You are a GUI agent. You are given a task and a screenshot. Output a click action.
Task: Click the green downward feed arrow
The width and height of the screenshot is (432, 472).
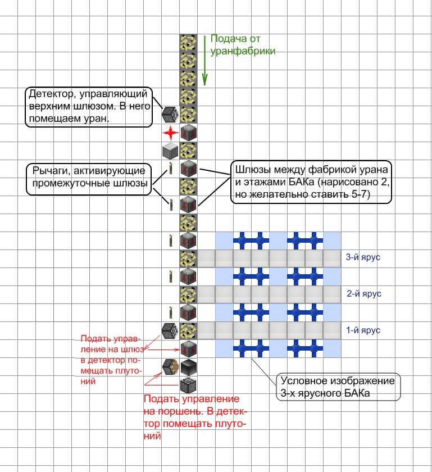(204, 60)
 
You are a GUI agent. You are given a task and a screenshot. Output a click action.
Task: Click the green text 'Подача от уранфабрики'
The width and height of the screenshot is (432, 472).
(243, 44)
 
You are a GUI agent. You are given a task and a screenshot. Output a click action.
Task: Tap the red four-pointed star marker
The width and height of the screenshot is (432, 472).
(170, 133)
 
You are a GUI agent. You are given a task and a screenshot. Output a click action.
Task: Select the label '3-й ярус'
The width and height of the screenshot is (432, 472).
(363, 257)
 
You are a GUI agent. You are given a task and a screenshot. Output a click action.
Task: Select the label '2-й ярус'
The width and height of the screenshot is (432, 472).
(364, 293)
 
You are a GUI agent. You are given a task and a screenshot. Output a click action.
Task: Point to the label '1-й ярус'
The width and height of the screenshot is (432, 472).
(363, 330)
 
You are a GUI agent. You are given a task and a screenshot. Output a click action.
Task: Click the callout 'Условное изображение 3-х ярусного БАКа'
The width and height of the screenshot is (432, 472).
(338, 387)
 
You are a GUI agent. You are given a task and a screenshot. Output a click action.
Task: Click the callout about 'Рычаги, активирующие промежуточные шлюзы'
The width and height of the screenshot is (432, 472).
(89, 179)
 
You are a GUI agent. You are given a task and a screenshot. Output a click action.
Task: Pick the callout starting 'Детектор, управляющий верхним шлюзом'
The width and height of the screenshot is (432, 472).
(89, 107)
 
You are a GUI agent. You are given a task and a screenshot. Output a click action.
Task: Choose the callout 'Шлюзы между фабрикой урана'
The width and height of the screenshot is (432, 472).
(311, 183)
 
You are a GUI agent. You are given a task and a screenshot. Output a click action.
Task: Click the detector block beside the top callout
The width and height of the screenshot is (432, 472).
(170, 115)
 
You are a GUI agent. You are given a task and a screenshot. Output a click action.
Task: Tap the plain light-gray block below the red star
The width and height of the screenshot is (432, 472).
(170, 151)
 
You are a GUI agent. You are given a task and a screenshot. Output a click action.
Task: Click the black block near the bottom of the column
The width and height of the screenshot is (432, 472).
(188, 367)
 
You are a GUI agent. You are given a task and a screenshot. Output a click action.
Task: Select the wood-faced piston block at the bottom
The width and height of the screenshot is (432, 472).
(170, 367)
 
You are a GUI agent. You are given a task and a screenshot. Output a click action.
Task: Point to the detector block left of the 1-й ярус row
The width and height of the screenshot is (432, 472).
(170, 331)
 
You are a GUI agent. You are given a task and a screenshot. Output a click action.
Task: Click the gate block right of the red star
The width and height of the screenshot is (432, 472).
(188, 133)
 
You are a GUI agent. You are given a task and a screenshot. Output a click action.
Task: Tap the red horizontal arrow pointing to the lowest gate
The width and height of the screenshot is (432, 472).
(163, 350)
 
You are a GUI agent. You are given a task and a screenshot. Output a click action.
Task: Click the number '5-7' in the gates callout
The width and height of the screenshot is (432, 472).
(360, 194)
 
